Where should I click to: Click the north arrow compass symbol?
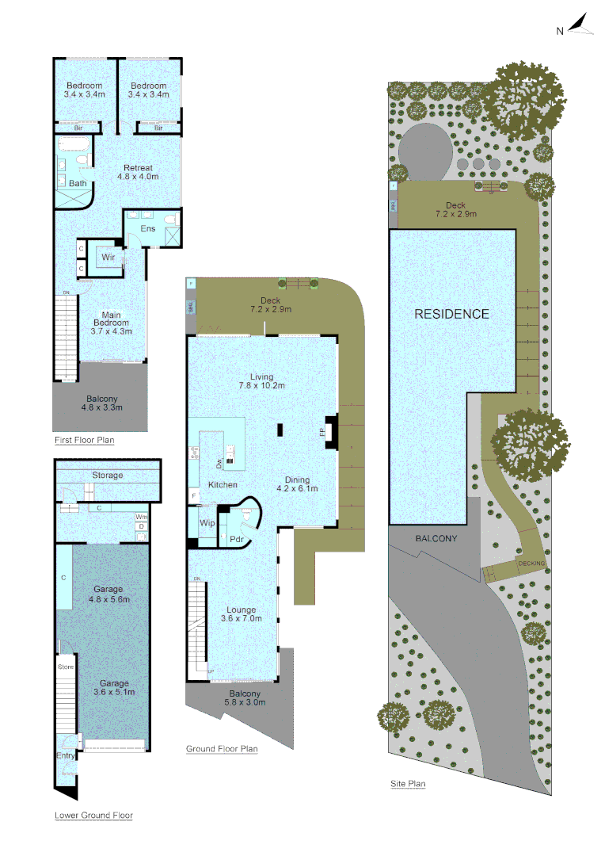point(580,26)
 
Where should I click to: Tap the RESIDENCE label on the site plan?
point(452,314)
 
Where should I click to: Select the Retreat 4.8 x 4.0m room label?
point(138,172)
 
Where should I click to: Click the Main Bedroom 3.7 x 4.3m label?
point(111,323)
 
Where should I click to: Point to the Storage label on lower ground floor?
point(108,476)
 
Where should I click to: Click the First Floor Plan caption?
point(84,440)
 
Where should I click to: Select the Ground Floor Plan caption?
point(222,749)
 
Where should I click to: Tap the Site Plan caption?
point(408,785)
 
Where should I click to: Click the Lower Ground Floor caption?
point(93,816)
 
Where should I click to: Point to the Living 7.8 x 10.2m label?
point(261,382)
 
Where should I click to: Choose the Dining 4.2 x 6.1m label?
point(297,484)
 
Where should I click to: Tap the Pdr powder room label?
point(236,541)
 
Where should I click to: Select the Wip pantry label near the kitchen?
point(208,523)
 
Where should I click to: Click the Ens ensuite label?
point(148,229)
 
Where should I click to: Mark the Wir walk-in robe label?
point(108,258)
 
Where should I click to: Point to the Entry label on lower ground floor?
point(67,756)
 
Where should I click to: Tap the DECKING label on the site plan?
point(530,564)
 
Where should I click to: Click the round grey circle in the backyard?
point(425,151)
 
